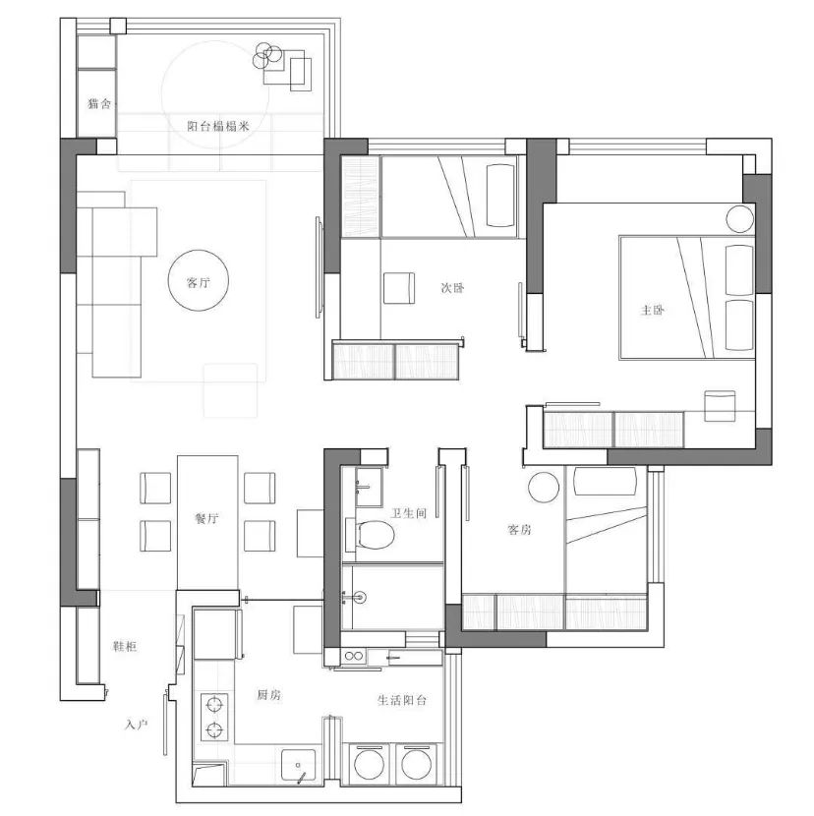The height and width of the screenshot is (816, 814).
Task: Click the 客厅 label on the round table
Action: [x=199, y=282]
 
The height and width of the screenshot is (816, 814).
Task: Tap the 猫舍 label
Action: [x=99, y=103]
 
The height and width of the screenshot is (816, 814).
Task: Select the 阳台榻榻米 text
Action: [x=218, y=126]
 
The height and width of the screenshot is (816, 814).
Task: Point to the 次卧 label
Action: [x=452, y=288]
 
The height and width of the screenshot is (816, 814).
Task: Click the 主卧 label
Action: [x=652, y=310]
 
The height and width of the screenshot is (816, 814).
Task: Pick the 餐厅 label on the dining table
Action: [x=206, y=518]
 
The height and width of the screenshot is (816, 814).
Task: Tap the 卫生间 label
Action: [x=409, y=513]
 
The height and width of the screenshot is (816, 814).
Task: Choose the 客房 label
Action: [x=519, y=530]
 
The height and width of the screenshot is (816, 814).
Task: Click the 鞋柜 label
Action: [x=125, y=646]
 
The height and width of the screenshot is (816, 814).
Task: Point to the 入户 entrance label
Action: [x=137, y=724]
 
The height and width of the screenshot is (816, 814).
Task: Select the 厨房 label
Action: [x=269, y=695]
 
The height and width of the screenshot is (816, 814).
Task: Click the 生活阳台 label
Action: [x=402, y=700]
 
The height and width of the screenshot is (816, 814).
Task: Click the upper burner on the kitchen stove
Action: [x=214, y=705]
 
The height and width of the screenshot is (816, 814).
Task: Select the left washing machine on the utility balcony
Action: [x=370, y=765]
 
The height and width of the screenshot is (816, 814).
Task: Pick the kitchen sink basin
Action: [x=298, y=765]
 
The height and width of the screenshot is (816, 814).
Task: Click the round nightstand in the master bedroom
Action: [x=740, y=218]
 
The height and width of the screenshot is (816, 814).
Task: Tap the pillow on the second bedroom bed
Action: [x=500, y=196]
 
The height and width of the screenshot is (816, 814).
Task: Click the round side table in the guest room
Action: [x=544, y=487]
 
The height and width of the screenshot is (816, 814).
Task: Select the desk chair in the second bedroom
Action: [x=399, y=288]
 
